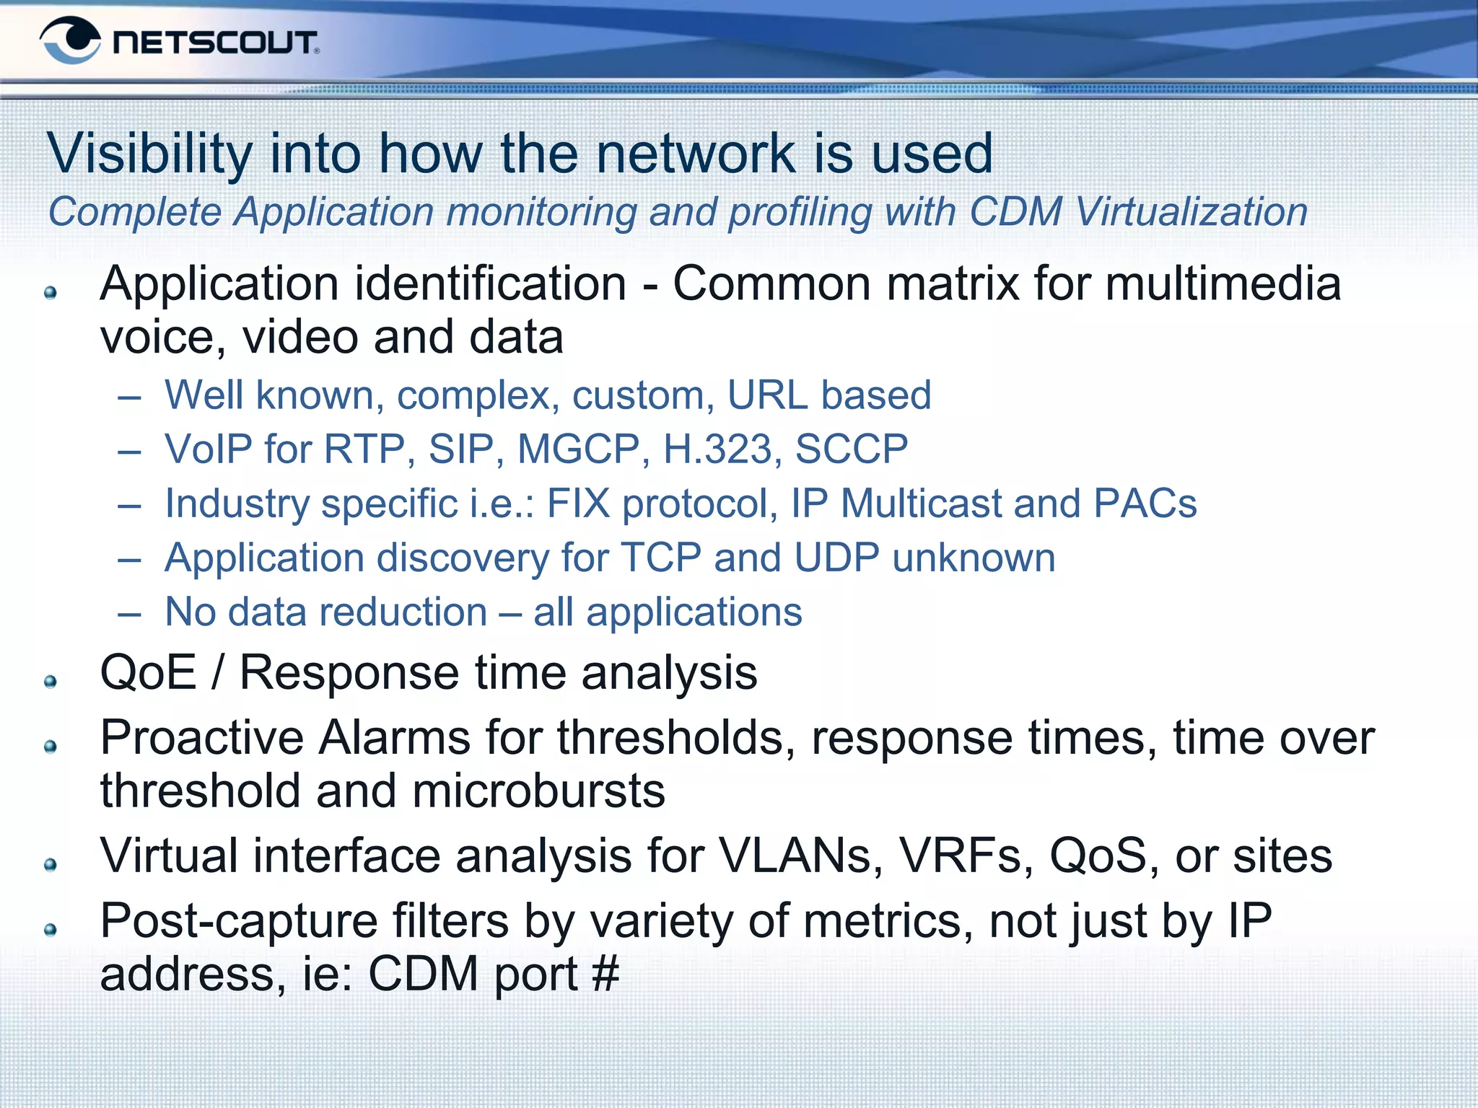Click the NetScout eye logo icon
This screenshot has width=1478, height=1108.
pos(70,40)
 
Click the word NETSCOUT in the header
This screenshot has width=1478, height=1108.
pos(215,43)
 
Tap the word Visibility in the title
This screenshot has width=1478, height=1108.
pos(149,154)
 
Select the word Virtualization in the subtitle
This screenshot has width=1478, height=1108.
pos(1191,212)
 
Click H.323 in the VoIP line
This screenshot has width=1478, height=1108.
pos(717,449)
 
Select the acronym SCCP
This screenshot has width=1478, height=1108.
pos(852,449)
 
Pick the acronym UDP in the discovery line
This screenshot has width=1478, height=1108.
pos(836,558)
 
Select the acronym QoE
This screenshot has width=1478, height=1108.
pos(148,672)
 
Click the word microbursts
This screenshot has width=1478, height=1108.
pos(538,791)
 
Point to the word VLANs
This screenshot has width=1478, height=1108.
pos(800,856)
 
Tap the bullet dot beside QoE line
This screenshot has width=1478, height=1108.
pos(51,682)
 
